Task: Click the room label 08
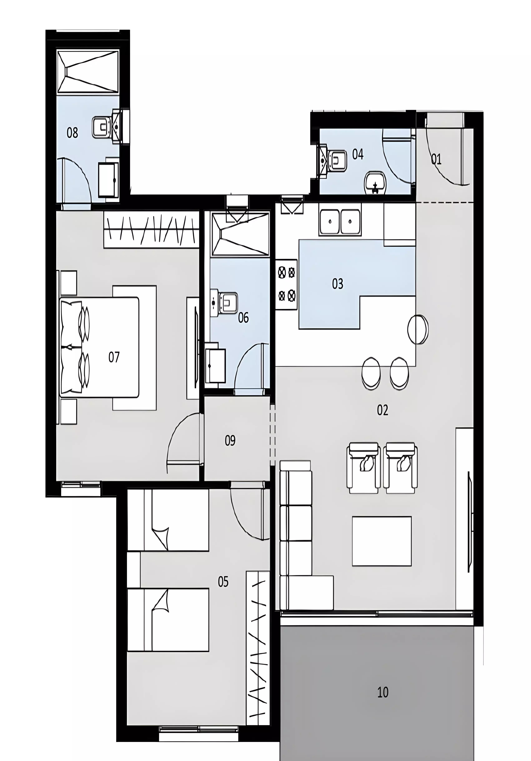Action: (72, 133)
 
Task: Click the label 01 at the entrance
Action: (436, 159)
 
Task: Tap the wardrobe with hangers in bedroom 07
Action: (151, 229)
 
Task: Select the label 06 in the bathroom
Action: (243, 318)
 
